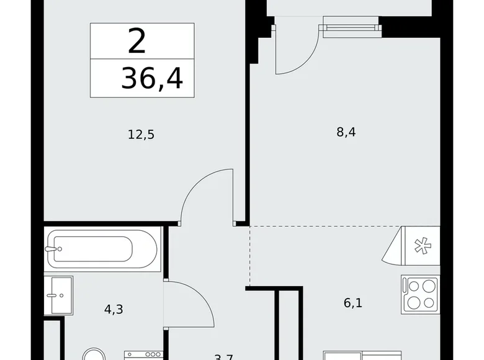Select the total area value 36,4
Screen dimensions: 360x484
(152, 79)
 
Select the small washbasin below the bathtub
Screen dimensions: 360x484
(60, 295)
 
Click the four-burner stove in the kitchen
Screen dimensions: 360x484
(420, 294)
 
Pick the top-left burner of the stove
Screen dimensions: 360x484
(412, 286)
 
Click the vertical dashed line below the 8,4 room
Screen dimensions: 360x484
(250, 254)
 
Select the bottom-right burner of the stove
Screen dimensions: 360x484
(429, 303)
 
